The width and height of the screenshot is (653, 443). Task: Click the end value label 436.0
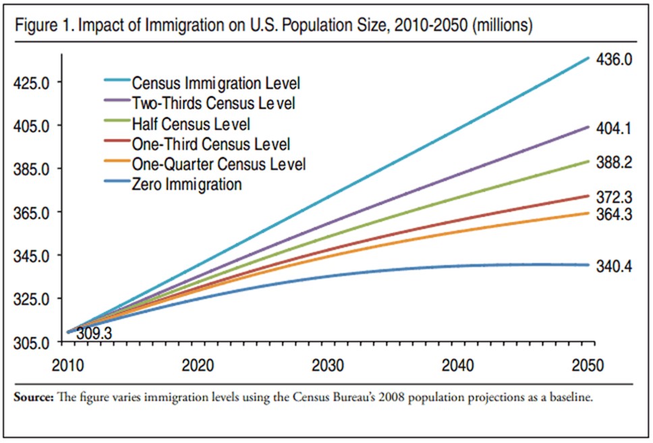pos(614,59)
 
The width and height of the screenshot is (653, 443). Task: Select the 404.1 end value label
pos(614,127)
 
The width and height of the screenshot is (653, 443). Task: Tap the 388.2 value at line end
pos(614,163)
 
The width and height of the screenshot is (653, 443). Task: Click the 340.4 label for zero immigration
pos(614,266)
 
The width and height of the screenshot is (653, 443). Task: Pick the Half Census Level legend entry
pos(191,124)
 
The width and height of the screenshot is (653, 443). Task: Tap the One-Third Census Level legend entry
pos(211,144)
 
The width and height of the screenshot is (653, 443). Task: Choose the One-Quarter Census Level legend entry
pos(219,164)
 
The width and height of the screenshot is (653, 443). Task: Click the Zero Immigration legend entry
pos(187,183)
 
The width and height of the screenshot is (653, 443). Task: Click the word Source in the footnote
pos(32,398)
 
